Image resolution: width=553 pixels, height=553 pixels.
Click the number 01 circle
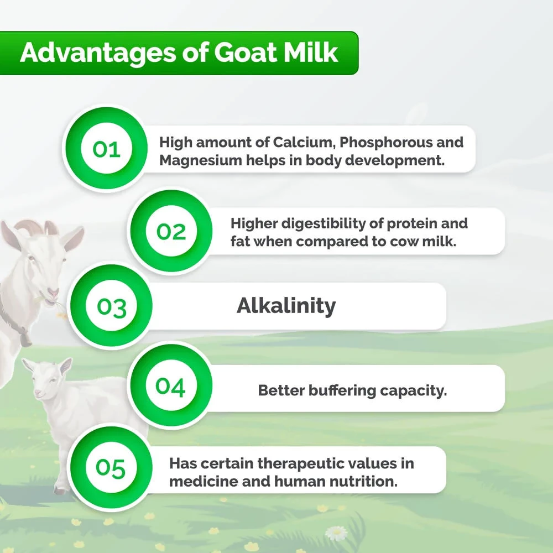pyautogui.click(x=107, y=149)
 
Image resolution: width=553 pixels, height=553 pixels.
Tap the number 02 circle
pyautogui.click(x=171, y=231)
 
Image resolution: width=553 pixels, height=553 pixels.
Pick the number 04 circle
pyautogui.click(x=170, y=387)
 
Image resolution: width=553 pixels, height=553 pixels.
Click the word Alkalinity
pyautogui.click(x=286, y=305)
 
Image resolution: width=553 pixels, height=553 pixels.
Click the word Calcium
pyautogui.click(x=304, y=142)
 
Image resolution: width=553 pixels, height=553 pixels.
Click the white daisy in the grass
pyautogui.click(x=336, y=533)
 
